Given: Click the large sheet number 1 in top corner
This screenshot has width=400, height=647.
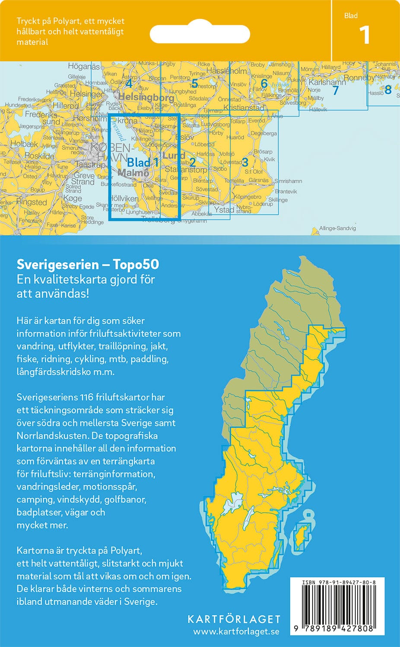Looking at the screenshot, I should (365, 35).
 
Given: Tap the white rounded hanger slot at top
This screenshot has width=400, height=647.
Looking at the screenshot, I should (200, 34).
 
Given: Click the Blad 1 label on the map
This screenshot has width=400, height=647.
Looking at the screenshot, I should (143, 163).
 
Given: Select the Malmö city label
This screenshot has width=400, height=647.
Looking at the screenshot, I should (133, 173).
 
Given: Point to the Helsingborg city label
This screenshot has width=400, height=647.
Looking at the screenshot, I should (146, 97).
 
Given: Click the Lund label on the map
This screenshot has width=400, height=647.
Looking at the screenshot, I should (174, 155).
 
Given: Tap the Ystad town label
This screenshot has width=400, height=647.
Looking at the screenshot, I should (224, 210).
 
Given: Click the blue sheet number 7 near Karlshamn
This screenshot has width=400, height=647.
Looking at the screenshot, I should (335, 91).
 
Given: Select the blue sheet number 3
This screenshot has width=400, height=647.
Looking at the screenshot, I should (245, 162).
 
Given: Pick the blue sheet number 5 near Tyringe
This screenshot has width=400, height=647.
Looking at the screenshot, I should (194, 83).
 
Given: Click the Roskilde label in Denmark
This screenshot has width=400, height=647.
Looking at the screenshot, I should (39, 156).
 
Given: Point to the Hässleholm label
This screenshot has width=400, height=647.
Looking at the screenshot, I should (227, 71).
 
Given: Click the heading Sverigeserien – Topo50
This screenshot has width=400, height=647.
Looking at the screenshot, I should (88, 264).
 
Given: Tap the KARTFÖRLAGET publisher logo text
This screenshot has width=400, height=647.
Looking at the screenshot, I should (234, 619).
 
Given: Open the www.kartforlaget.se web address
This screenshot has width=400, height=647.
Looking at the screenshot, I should (236, 631).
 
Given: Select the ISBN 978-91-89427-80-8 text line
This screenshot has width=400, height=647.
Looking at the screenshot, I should (339, 582).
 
